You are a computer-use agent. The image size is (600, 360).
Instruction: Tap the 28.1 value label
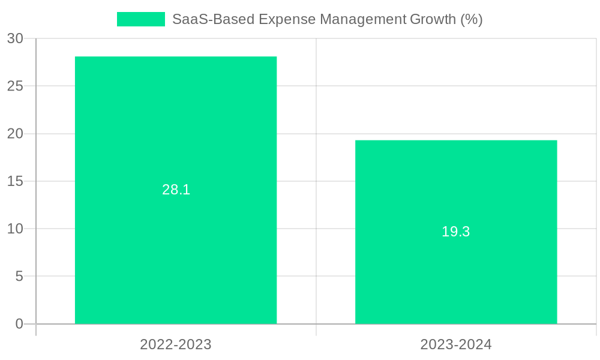coord(176,190)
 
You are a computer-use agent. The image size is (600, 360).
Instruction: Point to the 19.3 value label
coord(456,232)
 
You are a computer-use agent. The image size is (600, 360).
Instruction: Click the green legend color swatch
coord(141,19)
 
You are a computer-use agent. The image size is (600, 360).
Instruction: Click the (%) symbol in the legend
coord(472,19)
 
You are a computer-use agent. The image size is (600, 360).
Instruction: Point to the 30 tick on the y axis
coord(16,38)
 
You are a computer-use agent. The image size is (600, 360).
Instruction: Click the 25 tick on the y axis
coord(16,86)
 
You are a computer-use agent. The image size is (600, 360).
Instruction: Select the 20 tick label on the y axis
coord(16,134)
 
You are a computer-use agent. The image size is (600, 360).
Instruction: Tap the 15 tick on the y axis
coord(16,181)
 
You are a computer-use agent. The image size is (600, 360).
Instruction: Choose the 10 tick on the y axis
coord(16,229)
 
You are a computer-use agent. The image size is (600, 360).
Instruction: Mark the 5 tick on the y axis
coord(19,277)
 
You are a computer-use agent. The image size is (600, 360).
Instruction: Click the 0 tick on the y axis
coord(19,324)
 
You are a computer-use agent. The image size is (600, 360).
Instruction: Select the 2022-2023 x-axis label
coord(176,344)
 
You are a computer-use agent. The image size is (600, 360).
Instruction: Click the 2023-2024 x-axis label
coord(456,344)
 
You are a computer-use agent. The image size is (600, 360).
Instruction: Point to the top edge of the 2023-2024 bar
coord(456,140)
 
